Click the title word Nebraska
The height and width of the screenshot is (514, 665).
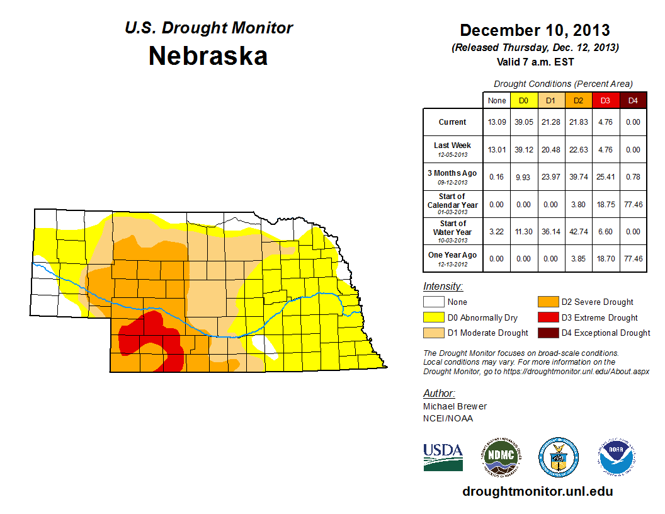coord(208,56)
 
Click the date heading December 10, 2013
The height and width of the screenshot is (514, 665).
coord(535,30)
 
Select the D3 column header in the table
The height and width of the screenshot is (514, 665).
coord(605,100)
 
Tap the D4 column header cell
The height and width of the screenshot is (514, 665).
coord(633,100)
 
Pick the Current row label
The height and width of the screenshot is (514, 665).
coord(453,122)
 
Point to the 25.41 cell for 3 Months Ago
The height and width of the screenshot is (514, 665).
coord(605,177)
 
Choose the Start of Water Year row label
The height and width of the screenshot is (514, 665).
coord(453,231)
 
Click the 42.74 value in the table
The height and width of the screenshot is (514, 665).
coord(578,231)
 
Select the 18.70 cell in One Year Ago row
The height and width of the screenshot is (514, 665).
coord(605,258)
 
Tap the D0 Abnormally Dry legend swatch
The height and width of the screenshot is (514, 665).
coord(434,317)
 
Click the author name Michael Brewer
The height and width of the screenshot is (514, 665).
coord(455,406)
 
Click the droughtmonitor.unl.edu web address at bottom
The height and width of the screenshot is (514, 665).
coord(537,491)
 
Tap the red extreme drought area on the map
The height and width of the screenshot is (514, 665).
coord(157,340)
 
